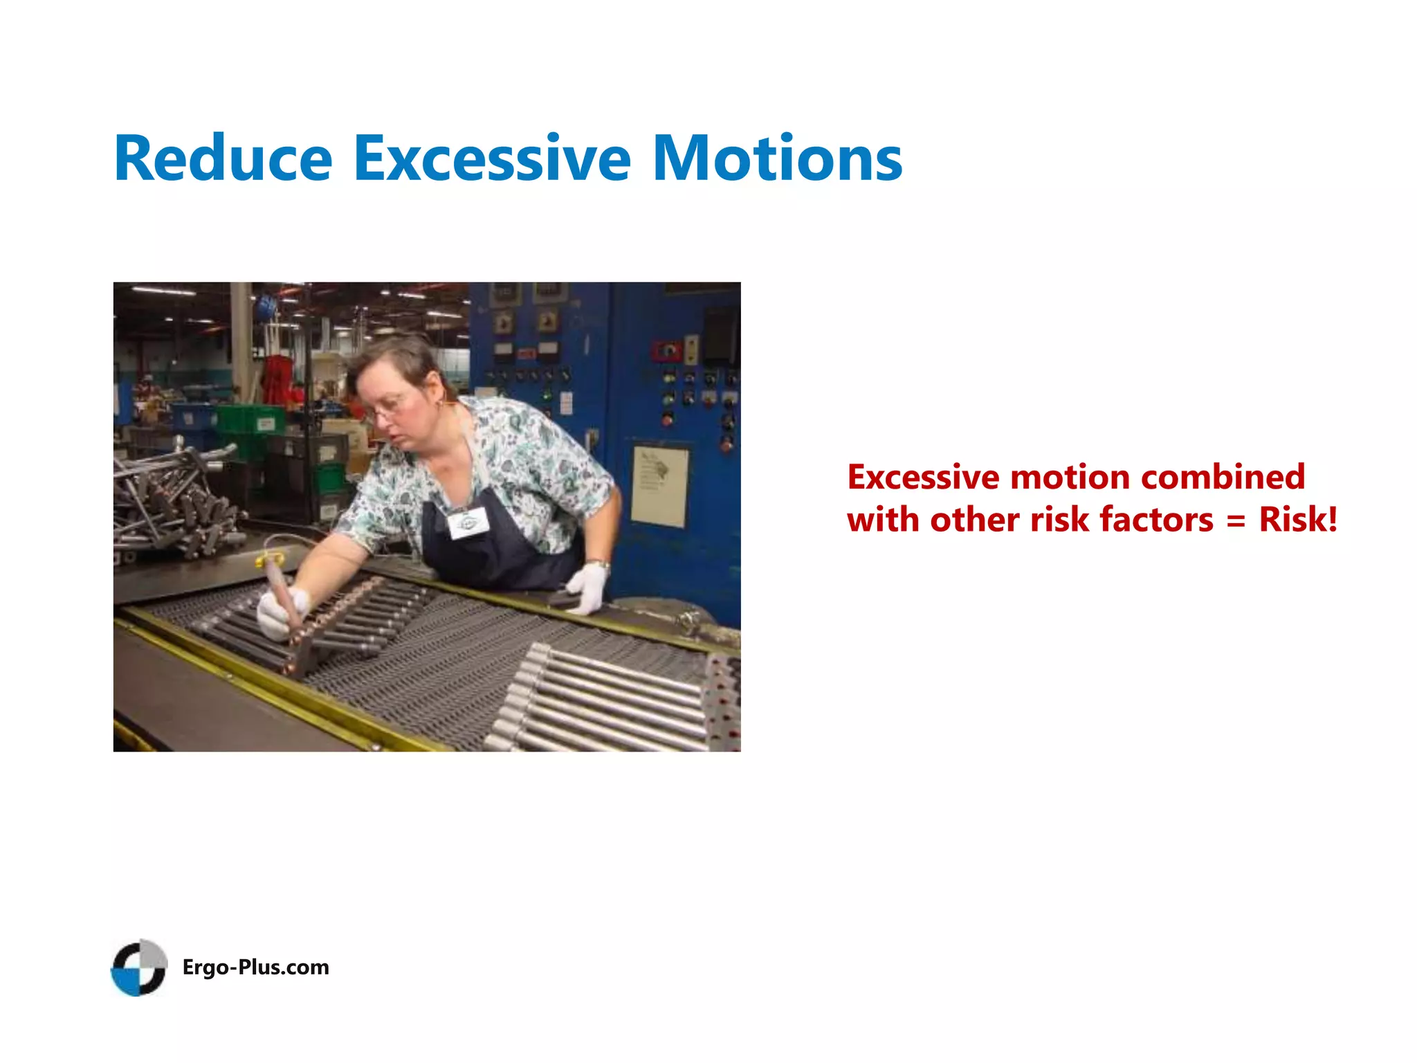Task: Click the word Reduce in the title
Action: click(223, 159)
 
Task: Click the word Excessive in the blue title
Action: click(492, 159)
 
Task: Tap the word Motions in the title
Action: click(777, 159)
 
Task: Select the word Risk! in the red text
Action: click(1298, 520)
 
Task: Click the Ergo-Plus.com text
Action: click(255, 967)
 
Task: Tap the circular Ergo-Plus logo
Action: click(139, 967)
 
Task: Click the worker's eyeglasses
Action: click(387, 408)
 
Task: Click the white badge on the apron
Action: click(468, 523)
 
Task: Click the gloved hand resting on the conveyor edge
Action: click(587, 587)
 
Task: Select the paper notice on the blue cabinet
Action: click(659, 486)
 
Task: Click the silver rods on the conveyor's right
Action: click(609, 699)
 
